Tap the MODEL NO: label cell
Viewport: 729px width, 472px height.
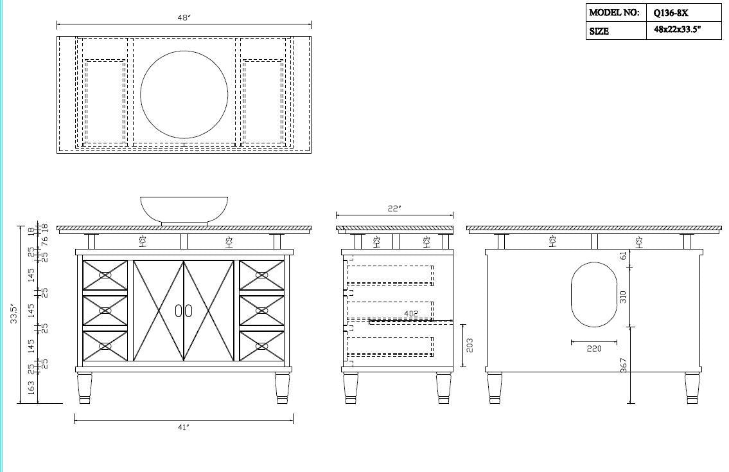coord(615,12)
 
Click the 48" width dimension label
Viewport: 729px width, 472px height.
coord(184,18)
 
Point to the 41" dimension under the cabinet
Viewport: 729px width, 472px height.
coord(184,428)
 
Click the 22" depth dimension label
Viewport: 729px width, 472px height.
coord(394,208)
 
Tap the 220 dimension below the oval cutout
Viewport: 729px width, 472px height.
coord(594,349)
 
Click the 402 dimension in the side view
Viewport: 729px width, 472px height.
coord(411,314)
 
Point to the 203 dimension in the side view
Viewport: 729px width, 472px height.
coord(470,345)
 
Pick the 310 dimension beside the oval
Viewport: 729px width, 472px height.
coord(622,296)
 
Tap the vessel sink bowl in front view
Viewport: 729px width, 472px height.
coord(184,209)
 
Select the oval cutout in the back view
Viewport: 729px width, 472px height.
coord(594,294)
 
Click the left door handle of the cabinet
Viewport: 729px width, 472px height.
coord(178,311)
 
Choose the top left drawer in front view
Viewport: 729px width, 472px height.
coord(105,275)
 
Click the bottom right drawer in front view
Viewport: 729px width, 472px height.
coord(261,346)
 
